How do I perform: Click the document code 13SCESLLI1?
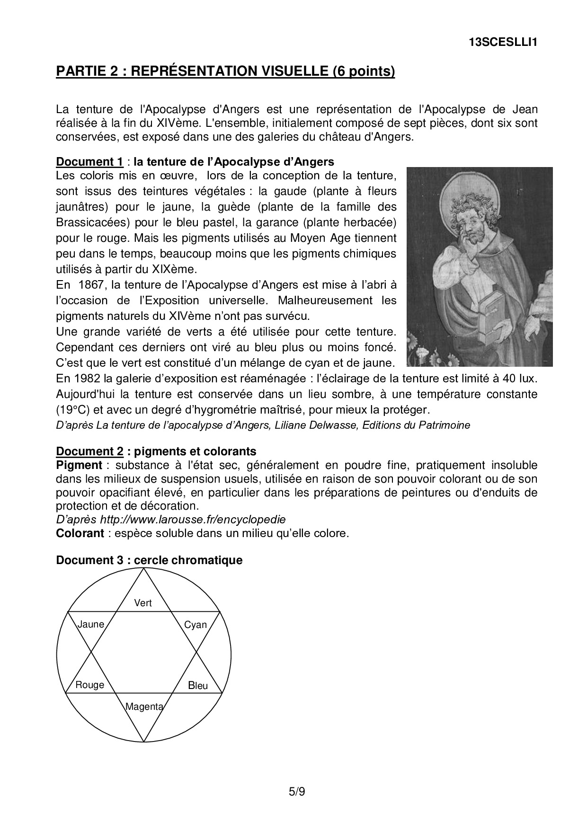[503, 42]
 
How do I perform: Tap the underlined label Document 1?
[89, 162]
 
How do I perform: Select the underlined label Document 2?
[89, 450]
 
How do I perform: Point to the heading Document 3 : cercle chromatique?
[149, 560]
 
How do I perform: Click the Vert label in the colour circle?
[143, 603]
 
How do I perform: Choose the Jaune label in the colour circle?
[90, 624]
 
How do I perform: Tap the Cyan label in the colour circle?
[196, 625]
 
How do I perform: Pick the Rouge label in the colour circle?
[90, 685]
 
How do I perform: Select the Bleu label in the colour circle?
[198, 685]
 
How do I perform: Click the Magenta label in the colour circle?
[144, 707]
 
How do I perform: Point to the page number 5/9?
[297, 791]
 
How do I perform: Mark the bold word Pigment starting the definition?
[79, 465]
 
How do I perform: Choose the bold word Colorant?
[80, 533]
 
